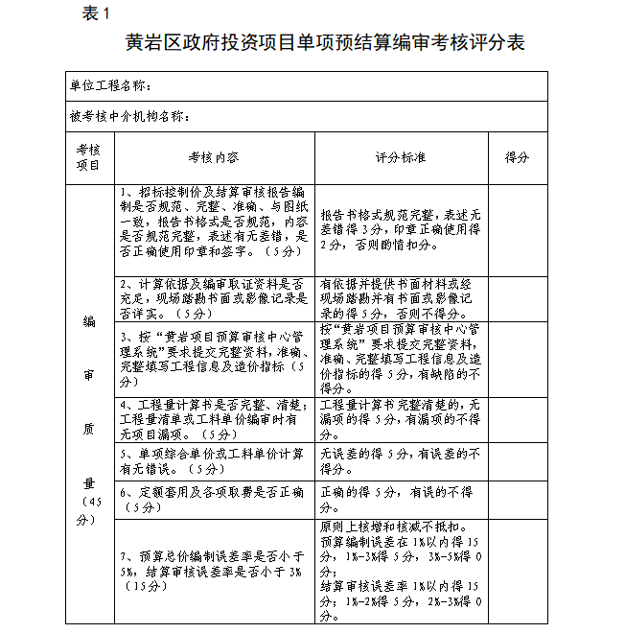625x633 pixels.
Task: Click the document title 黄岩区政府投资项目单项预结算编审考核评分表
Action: [x=312, y=44]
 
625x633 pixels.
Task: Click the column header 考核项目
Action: [x=88, y=156]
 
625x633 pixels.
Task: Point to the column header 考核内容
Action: [x=212, y=156]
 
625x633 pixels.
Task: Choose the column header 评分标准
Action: [x=400, y=156]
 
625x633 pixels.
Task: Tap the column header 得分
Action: [x=517, y=156]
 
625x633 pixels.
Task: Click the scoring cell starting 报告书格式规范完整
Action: [x=400, y=230]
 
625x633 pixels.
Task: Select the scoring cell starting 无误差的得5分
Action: [x=400, y=461]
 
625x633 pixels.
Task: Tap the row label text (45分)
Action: [x=89, y=511]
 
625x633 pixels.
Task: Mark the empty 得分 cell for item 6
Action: [x=517, y=500]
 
